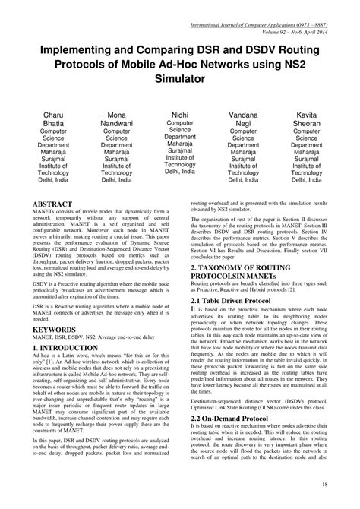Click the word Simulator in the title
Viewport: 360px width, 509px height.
(x=180, y=78)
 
